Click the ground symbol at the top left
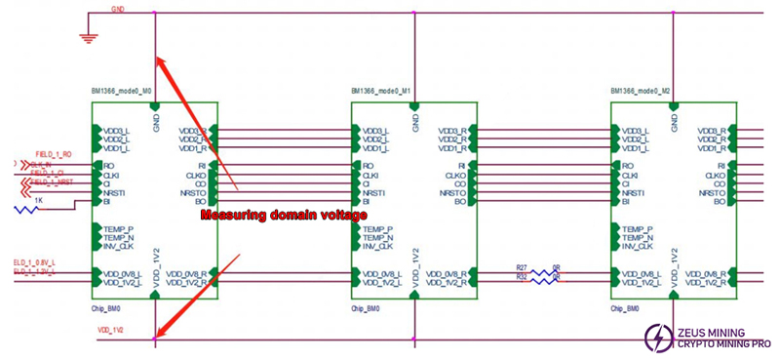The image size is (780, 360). [x=90, y=37]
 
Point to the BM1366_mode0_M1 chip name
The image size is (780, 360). [x=380, y=91]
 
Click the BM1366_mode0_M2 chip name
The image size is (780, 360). [x=640, y=91]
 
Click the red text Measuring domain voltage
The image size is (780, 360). [x=283, y=215]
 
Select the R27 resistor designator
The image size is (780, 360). [x=522, y=265]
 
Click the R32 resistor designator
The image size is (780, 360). [x=522, y=277]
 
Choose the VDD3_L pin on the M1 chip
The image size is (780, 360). [x=376, y=130]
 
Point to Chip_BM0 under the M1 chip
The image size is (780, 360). [x=366, y=309]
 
